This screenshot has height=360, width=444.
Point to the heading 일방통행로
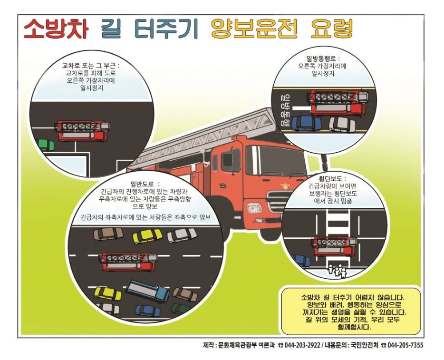point(323,59)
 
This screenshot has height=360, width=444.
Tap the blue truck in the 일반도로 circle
point(147,291)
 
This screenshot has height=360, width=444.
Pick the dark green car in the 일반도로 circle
point(181,308)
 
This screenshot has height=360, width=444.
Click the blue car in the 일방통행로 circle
point(306,124)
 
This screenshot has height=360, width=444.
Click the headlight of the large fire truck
point(255,208)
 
